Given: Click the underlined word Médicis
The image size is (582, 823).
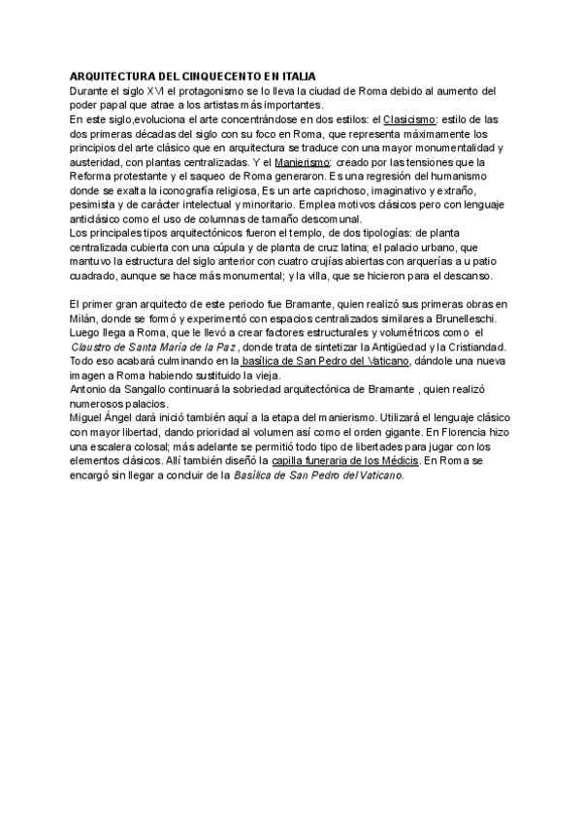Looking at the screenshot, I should [x=398, y=462].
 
